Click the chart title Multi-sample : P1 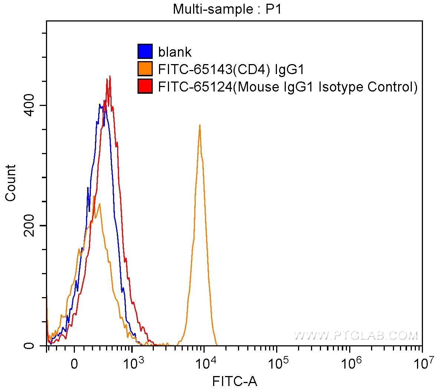(x=227, y=9)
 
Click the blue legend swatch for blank (x=145, y=51)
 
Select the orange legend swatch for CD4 (x=145, y=69)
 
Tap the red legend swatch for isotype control (x=145, y=86)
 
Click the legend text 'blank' (x=175, y=52)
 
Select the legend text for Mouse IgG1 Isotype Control (x=288, y=87)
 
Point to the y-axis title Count (x=11, y=183)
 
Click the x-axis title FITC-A (x=235, y=380)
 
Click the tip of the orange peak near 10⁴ (x=200, y=125)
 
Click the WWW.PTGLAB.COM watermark (x=356, y=335)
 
